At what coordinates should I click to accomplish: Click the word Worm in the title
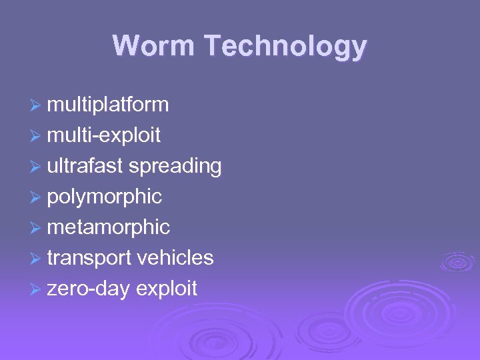[x=154, y=46]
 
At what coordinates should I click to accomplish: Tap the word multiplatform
[x=108, y=105]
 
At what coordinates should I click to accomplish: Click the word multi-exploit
[x=103, y=135]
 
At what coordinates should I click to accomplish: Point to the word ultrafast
[x=85, y=166]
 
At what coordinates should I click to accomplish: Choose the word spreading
[x=175, y=167]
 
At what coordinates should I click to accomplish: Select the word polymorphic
[x=104, y=197]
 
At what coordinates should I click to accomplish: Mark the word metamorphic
[x=108, y=227]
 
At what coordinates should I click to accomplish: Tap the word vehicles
[x=175, y=258]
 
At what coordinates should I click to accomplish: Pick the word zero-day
[x=88, y=289]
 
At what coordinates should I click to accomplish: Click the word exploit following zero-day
[x=167, y=289]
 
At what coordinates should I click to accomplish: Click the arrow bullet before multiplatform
[x=37, y=105]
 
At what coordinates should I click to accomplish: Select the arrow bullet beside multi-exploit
[x=37, y=136]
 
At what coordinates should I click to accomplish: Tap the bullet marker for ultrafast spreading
[x=37, y=167]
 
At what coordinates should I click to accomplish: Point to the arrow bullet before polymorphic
[x=37, y=197]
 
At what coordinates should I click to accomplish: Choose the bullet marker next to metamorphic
[x=37, y=228]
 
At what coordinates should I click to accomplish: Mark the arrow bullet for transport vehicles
[x=37, y=259]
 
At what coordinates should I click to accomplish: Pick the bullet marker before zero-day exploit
[x=37, y=289]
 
